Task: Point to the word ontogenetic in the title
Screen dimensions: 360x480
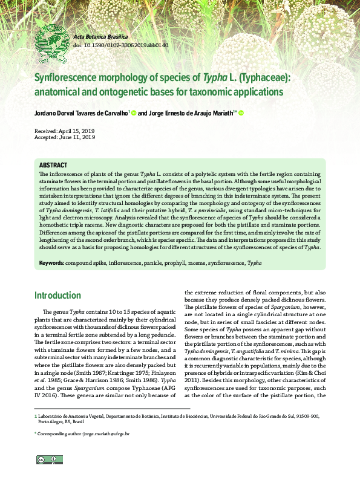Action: [x=144, y=92]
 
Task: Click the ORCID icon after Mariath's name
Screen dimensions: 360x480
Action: [x=241, y=112]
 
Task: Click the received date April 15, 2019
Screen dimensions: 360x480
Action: [x=76, y=131]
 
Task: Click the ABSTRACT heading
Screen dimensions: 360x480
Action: [x=53, y=165]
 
